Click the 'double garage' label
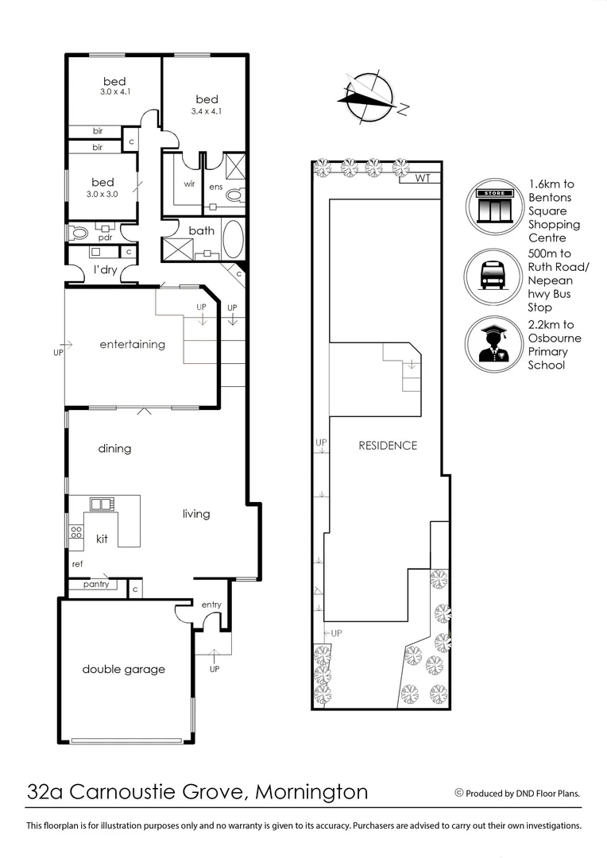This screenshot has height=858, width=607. pyautogui.click(x=123, y=669)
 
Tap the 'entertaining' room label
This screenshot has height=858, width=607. pyautogui.click(x=132, y=344)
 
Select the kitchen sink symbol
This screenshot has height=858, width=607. pyautogui.click(x=100, y=504)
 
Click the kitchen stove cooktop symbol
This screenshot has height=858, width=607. pyautogui.click(x=76, y=533)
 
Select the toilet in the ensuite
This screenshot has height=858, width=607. pyautogui.click(x=234, y=195)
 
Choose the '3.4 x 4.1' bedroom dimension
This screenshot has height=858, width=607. pyautogui.click(x=207, y=112)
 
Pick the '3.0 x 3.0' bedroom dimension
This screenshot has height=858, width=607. pyautogui.click(x=102, y=194)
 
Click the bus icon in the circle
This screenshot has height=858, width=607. pyautogui.click(x=493, y=276)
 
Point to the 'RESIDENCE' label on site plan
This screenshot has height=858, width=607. pyautogui.click(x=388, y=445)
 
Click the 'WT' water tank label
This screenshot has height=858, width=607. pyautogui.click(x=421, y=178)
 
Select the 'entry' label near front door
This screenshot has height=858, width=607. pyautogui.click(x=211, y=605)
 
